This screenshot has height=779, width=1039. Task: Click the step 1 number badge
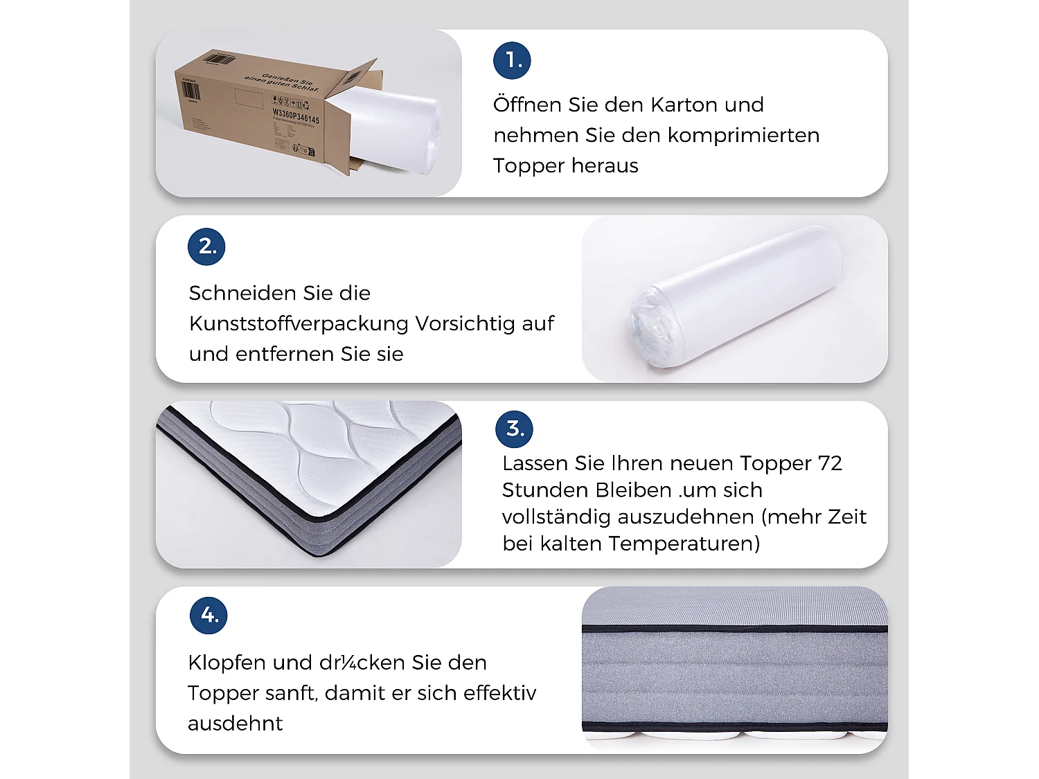coord(512,60)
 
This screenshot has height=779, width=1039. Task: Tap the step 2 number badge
coord(206,247)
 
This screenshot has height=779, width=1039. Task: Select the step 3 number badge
coord(515,429)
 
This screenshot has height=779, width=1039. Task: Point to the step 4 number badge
coord(208,615)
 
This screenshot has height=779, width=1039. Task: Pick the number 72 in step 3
coord(830,463)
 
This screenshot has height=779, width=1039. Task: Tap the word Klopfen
coord(227,663)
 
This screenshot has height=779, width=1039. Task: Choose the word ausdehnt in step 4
coord(235,724)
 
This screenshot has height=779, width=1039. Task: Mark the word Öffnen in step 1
coord(527,105)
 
